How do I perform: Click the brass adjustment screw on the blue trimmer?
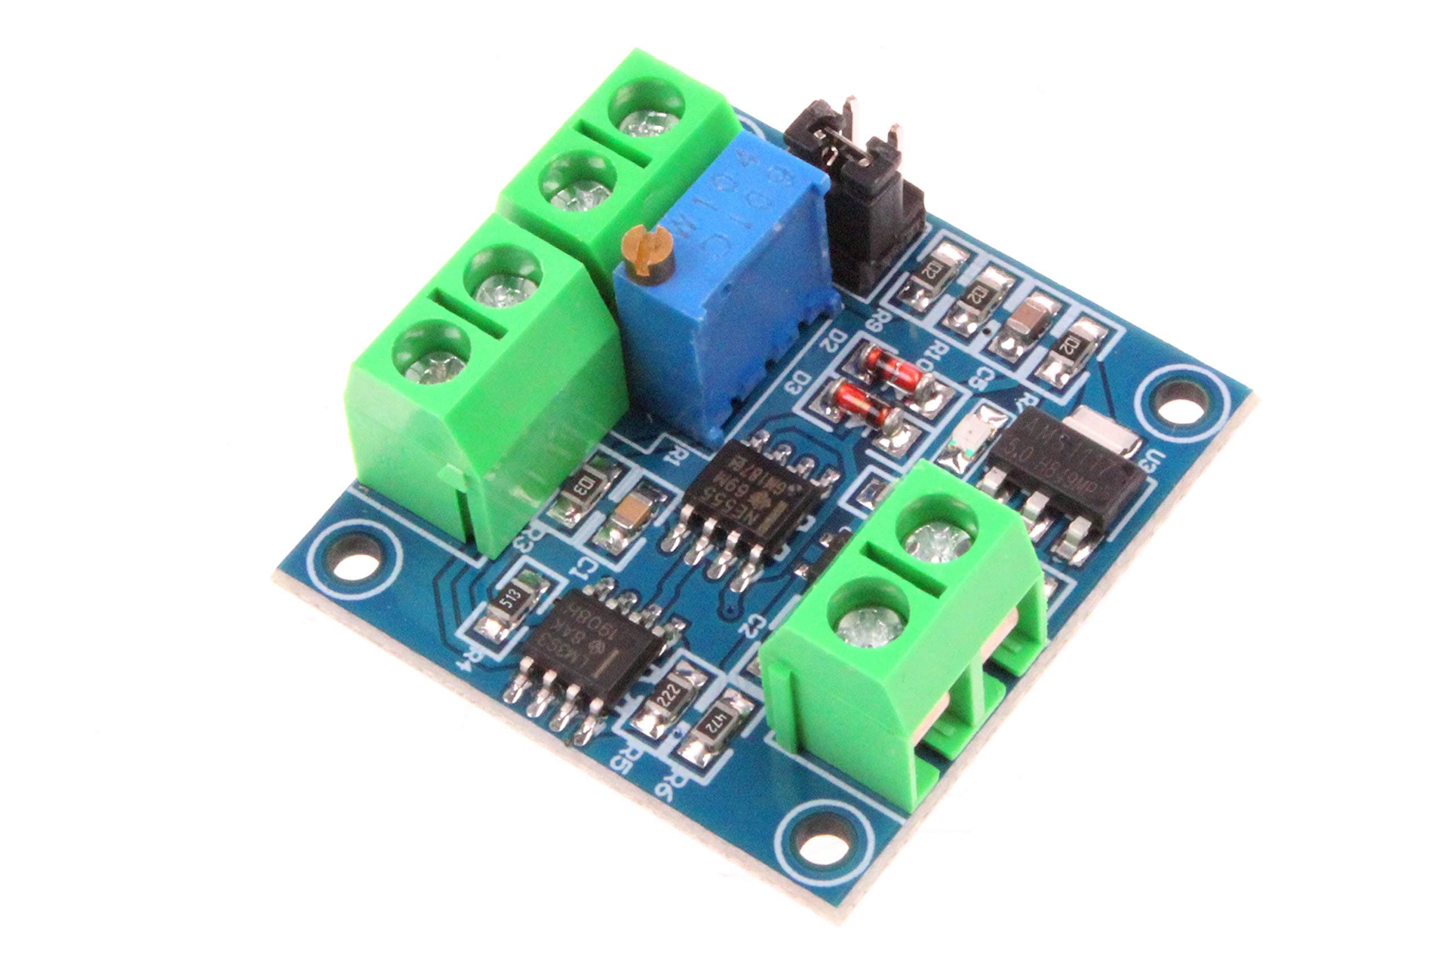point(647,251)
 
